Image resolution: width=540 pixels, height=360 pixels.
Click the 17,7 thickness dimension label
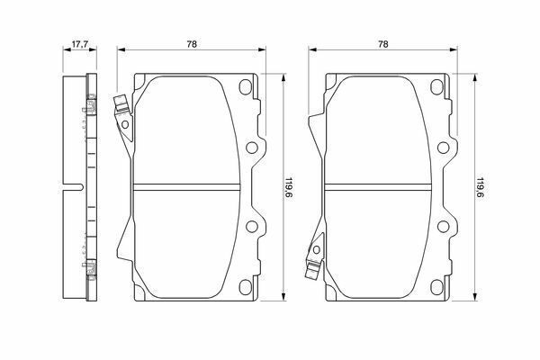[x=80, y=44]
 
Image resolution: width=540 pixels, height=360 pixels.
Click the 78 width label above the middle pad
[x=192, y=44]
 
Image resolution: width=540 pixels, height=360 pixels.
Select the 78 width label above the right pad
[x=383, y=44]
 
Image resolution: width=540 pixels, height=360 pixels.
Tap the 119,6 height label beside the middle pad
[x=289, y=189]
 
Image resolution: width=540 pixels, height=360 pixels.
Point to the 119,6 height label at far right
[x=480, y=189]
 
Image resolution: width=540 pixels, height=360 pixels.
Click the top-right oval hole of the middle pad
[x=246, y=86]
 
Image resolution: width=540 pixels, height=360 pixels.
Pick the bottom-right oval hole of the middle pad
[x=246, y=287]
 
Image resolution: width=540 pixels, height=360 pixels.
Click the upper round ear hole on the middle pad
[x=252, y=148]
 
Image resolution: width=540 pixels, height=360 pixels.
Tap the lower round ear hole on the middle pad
[x=252, y=226]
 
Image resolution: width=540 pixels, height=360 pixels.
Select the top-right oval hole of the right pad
[x=436, y=86]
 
